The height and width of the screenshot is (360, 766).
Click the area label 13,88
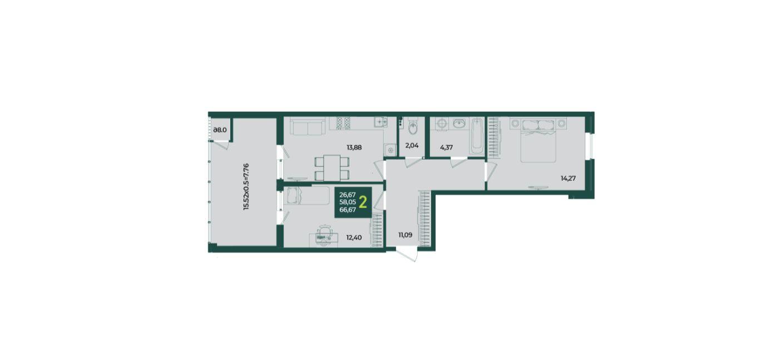(354, 147)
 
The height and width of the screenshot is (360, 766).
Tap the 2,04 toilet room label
(412, 145)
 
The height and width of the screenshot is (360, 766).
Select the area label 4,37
(446, 147)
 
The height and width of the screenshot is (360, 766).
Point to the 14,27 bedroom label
(568, 178)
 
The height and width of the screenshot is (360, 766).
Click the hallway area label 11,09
(405, 235)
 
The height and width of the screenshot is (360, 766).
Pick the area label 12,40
(354, 237)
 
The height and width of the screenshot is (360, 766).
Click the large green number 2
(363, 203)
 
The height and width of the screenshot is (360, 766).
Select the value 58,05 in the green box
(348, 202)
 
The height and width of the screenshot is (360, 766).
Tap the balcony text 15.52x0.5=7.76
(246, 186)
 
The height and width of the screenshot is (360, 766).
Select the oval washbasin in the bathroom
(459, 124)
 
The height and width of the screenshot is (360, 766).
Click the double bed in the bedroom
(538, 140)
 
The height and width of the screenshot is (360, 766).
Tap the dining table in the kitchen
(332, 167)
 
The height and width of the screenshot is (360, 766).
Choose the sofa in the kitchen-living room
(308, 126)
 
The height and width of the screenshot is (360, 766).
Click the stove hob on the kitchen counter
(343, 123)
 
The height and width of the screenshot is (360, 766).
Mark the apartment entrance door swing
(408, 255)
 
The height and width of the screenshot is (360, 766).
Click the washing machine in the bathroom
(442, 124)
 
